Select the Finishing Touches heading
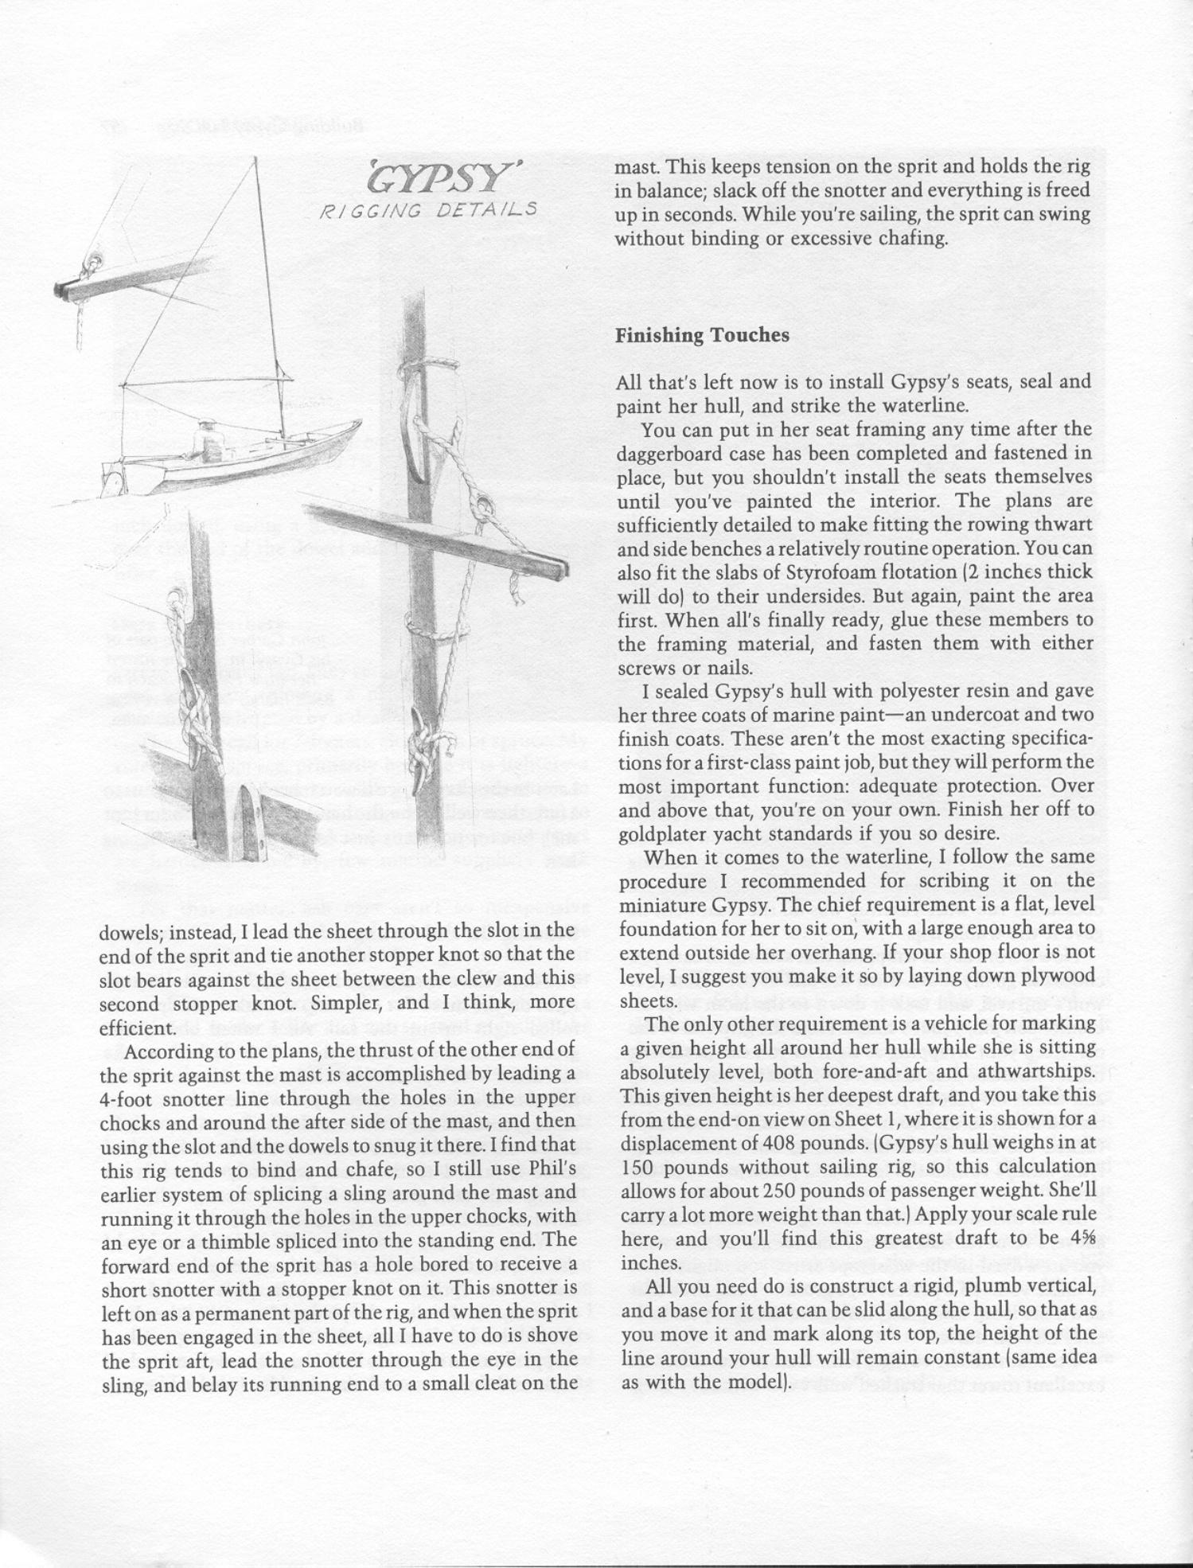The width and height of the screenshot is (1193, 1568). click(x=702, y=335)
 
